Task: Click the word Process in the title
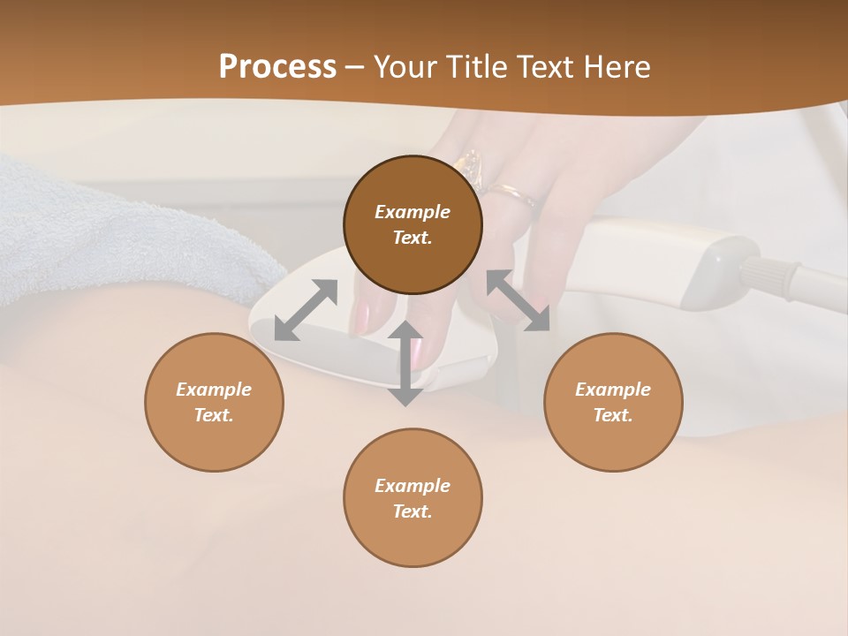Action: tap(277, 67)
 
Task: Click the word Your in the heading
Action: tap(408, 67)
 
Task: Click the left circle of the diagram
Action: tap(214, 402)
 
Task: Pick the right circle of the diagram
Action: tap(613, 402)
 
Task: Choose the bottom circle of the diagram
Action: tap(413, 497)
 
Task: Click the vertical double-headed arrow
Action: tap(405, 363)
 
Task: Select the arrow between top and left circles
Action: tap(306, 309)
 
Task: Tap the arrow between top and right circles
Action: tap(519, 300)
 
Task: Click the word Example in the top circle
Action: tap(413, 212)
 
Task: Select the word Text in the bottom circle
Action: tap(412, 511)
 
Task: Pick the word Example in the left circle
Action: tap(214, 390)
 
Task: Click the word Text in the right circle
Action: tap(612, 415)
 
